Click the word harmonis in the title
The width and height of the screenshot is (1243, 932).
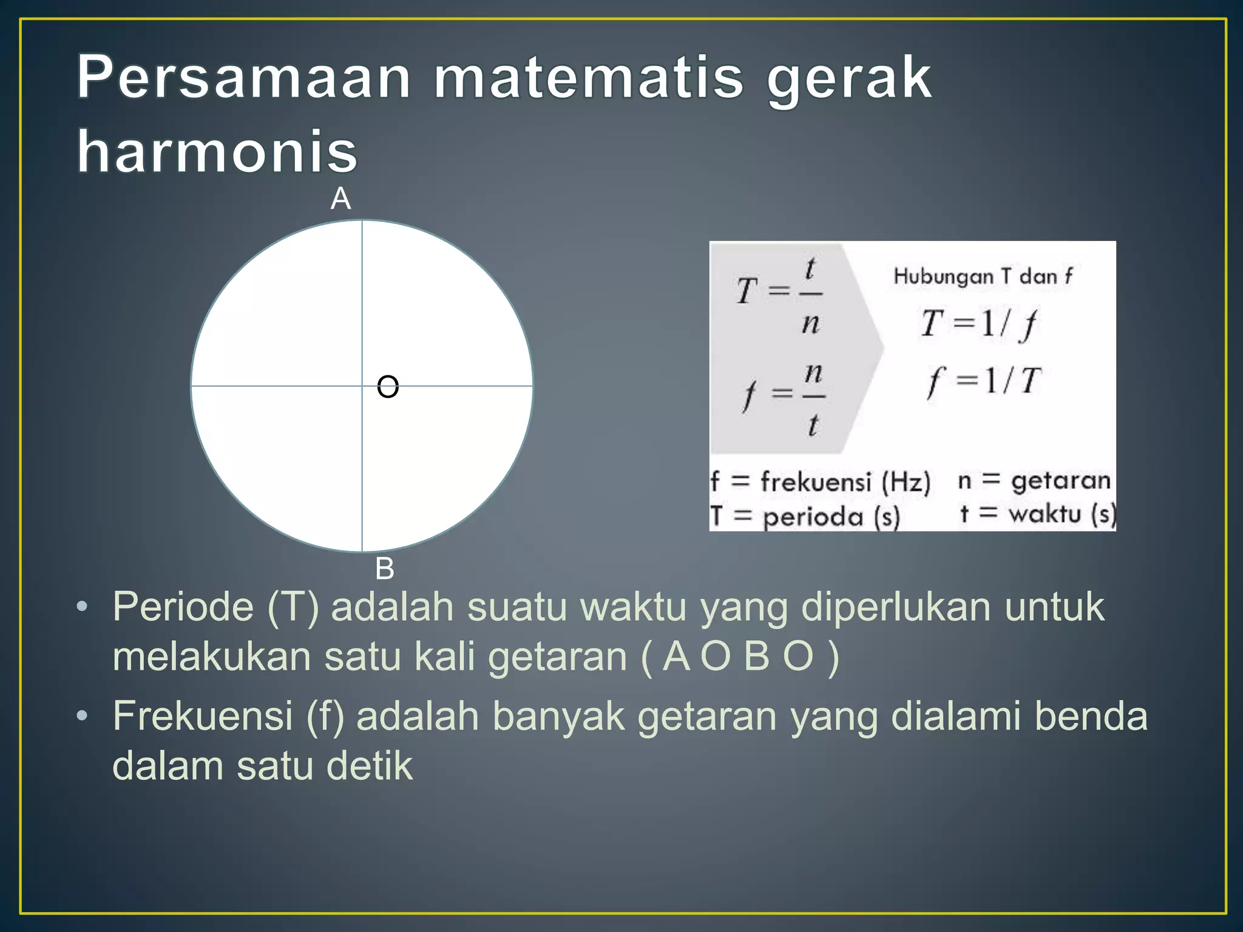coord(217,152)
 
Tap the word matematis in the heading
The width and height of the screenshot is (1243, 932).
coord(589,79)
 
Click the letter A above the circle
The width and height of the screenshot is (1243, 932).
coord(340,199)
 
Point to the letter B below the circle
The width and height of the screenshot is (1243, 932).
coord(385,569)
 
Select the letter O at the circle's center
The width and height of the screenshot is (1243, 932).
coord(388,387)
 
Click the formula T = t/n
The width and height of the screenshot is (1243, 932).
coord(780,295)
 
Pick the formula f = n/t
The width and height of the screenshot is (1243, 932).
coord(783,397)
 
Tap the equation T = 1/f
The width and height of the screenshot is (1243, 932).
coord(978,324)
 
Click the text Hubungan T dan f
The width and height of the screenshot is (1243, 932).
coord(983,277)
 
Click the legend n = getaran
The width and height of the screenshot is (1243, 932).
coord(1034,481)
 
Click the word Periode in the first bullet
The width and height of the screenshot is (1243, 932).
coord(183,607)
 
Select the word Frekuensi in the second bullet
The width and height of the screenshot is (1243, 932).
coord(203,716)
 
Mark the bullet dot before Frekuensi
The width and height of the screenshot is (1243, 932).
coord(83,717)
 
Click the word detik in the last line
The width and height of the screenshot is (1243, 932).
coord(370,766)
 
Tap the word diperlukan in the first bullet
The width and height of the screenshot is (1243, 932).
coord(896,607)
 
